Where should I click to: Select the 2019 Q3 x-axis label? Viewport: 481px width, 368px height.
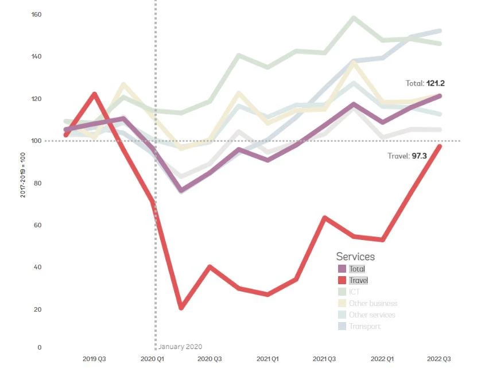(94, 359)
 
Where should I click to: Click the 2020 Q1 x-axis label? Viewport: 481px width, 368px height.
(152, 359)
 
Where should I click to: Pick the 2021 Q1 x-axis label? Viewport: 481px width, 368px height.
(267, 359)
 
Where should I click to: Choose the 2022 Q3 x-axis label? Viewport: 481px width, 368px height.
(440, 359)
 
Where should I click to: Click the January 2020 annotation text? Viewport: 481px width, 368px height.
(180, 347)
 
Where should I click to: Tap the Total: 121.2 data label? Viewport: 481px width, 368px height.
(425, 83)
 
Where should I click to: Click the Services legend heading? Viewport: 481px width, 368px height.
(355, 257)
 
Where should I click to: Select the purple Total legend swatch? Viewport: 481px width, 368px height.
(342, 269)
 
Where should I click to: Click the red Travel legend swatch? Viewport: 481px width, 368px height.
(342, 280)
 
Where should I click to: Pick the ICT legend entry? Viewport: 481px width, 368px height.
(354, 292)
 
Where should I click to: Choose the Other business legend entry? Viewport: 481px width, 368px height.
(373, 303)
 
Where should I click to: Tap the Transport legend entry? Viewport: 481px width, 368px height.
(364, 326)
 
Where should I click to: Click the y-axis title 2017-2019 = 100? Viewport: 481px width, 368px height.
(22, 175)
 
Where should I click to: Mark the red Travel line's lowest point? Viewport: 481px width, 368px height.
(181, 308)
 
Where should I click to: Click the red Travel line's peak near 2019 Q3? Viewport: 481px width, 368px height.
(94, 94)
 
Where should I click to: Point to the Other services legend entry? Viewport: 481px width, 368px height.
(372, 315)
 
